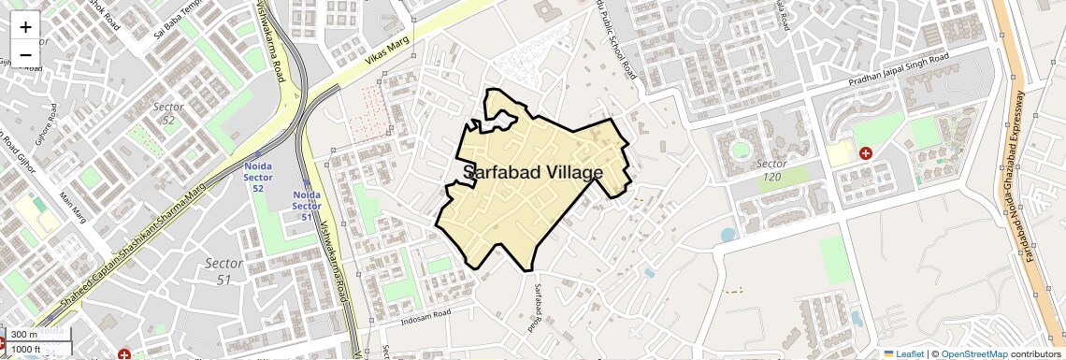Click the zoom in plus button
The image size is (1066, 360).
click(25, 26)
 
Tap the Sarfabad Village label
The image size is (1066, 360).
click(533, 173)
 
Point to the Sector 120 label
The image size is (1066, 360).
click(771, 170)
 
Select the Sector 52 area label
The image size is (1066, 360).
click(169, 113)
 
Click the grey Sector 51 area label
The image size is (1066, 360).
click(223, 271)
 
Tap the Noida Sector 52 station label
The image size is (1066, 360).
click(257, 176)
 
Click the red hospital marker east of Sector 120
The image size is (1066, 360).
click(866, 151)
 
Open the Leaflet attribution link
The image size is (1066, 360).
click(903, 353)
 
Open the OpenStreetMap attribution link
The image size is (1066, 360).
click(973, 353)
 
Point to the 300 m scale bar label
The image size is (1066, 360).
click(25, 335)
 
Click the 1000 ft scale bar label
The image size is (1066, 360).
click(28, 350)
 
